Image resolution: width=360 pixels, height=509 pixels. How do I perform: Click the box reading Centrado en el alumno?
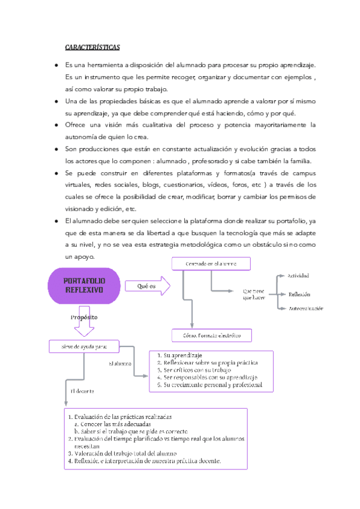pos(211,264)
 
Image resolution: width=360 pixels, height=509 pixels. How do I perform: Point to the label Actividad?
pos(299,276)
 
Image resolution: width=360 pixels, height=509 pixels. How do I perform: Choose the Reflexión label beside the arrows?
pos(299,294)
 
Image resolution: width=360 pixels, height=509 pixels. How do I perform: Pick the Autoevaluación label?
pos(306,309)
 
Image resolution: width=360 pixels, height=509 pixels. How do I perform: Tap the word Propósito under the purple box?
pos(84,317)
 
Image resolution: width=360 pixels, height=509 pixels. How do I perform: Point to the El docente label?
pos(82,391)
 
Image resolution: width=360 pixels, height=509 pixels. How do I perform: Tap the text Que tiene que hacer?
pos(255,294)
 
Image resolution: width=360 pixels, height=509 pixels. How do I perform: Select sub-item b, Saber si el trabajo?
pos(132,431)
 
